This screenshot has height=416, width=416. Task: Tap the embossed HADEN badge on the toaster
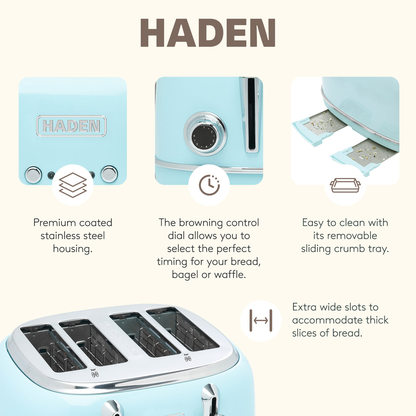(x=71, y=126)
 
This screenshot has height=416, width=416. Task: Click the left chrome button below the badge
(x=33, y=174)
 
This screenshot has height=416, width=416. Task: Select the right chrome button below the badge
(x=109, y=174)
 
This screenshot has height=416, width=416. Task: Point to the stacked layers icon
(x=72, y=185)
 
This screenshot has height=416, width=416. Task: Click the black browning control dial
(x=205, y=135)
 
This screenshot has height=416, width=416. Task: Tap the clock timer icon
(x=209, y=185)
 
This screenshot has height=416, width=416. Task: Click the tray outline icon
(x=345, y=185)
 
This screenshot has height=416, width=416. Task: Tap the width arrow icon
(x=261, y=320)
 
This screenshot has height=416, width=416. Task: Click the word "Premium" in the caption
(x=56, y=223)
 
